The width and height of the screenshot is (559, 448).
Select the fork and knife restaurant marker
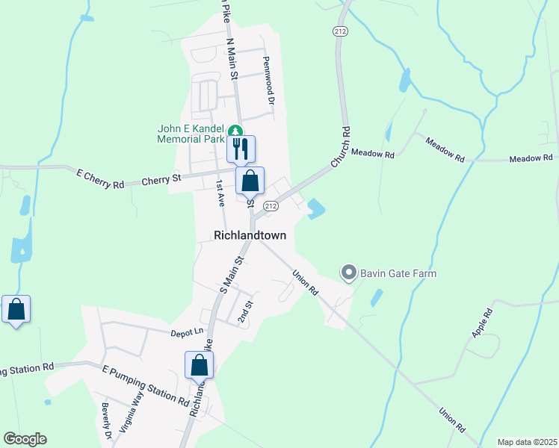[x=241, y=149]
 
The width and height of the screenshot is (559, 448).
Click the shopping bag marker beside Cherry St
[x=250, y=180]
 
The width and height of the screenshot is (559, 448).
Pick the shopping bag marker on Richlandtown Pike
[x=199, y=364]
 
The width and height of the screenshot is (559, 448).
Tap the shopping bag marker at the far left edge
[x=16, y=309]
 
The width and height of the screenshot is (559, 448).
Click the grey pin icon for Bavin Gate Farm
[x=348, y=273]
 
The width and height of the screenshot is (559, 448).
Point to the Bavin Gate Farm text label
[x=398, y=273]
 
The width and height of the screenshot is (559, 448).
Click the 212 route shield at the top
[x=341, y=31]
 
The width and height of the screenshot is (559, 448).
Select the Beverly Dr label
[x=106, y=421]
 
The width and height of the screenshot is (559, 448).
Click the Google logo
[x=25, y=438]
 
